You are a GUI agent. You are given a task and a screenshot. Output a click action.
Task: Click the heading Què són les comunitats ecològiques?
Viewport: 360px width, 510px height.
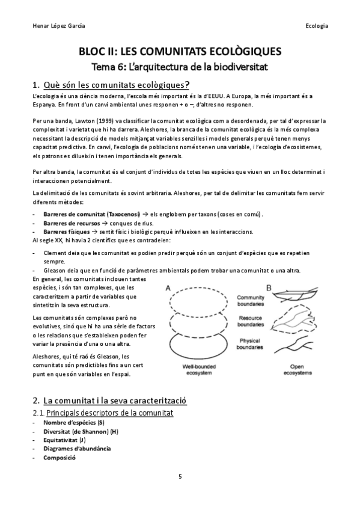[116, 84]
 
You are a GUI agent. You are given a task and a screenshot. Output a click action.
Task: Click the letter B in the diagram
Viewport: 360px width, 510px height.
[270, 287]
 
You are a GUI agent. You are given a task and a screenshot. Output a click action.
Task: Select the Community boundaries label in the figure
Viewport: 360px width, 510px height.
[251, 300]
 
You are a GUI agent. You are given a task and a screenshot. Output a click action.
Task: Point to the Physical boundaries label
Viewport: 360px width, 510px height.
[250, 344]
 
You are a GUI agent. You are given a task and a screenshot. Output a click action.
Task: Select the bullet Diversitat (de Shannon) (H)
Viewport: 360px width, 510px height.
[81, 431]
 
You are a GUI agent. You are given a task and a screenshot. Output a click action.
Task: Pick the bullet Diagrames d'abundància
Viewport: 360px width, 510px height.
[77, 448]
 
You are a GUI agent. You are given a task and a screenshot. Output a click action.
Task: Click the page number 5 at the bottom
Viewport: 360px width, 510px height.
[180, 476]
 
